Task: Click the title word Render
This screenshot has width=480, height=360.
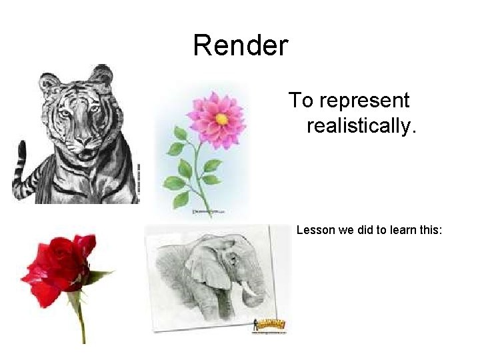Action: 240,45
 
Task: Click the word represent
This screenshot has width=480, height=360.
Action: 364,101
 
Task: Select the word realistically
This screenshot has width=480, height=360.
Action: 361,125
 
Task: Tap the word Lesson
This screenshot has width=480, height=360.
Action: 313,231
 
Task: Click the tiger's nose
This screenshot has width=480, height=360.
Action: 83,139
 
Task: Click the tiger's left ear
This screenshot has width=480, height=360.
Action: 49,83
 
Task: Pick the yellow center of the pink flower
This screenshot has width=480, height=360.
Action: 221,119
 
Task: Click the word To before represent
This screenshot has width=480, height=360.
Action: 300,101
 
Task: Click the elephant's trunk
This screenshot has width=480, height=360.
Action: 257,293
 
